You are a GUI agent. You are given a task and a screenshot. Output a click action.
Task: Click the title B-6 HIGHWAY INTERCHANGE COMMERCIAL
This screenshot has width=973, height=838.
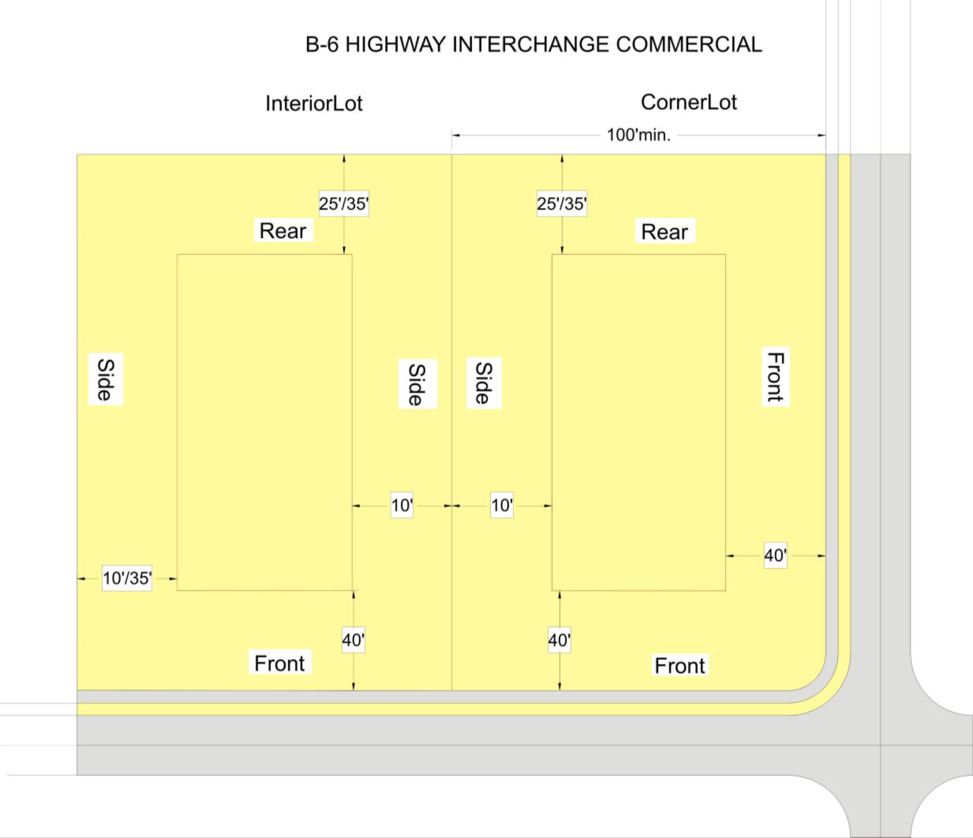point(533,45)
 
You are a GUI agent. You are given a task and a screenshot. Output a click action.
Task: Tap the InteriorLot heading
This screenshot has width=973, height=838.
point(314,103)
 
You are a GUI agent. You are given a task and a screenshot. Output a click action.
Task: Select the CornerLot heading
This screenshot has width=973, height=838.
point(688,102)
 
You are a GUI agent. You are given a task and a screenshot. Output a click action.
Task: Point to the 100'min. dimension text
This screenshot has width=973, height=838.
point(638,135)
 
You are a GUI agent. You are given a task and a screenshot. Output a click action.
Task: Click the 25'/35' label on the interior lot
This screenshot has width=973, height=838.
point(343,203)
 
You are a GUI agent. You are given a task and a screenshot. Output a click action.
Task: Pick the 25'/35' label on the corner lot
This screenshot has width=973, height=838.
point(562,203)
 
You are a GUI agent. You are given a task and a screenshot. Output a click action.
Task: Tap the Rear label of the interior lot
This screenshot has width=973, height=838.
point(283,231)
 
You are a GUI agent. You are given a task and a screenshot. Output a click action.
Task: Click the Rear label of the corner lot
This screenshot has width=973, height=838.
point(664,232)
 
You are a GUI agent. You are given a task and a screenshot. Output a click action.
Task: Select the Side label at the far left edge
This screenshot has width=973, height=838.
point(106,379)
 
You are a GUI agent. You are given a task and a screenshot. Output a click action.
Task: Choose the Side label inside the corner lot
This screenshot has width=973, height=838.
point(484,383)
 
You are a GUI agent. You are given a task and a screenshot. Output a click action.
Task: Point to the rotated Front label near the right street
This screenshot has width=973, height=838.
point(776,376)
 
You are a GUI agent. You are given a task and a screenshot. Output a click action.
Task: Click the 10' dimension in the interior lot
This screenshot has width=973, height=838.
point(402,505)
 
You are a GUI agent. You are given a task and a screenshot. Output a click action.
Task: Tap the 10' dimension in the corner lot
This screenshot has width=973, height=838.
point(502,505)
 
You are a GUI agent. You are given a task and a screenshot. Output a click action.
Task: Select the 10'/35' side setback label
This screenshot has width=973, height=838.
point(127,578)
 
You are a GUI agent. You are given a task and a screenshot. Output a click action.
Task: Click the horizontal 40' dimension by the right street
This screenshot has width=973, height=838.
point(775,555)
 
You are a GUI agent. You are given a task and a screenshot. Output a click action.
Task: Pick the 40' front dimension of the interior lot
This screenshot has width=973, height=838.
point(353,640)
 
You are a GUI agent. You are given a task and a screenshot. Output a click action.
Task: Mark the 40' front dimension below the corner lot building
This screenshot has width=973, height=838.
point(559,640)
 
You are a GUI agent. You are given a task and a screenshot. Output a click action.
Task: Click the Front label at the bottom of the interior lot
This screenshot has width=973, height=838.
point(279,663)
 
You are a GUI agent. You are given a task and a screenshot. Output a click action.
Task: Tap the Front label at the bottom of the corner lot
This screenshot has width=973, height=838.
point(680,666)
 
